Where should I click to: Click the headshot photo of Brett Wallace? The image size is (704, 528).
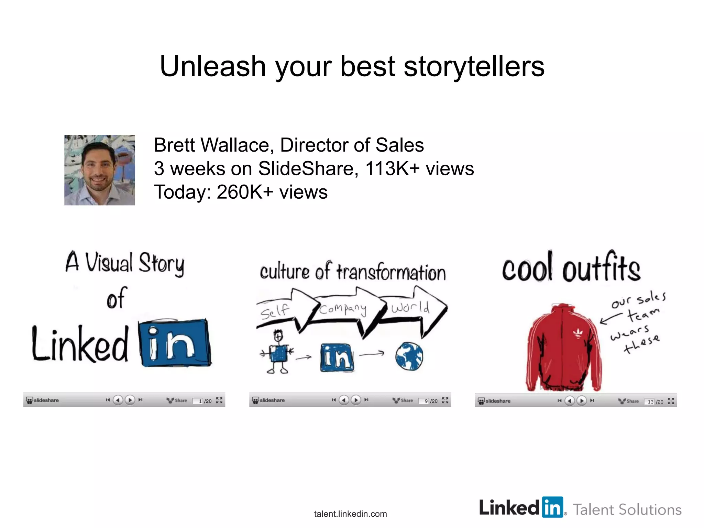click(99, 170)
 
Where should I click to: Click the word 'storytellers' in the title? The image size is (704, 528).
click(474, 66)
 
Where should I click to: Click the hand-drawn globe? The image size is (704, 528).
click(409, 356)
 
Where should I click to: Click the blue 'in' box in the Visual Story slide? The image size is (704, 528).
click(175, 343)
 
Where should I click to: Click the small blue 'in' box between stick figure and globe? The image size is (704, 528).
click(337, 357)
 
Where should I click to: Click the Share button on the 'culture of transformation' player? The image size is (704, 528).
click(403, 400)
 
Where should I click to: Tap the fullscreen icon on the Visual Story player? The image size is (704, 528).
click(219, 400)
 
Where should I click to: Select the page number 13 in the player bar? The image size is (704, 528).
click(650, 401)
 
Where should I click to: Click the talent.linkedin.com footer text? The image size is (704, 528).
click(350, 514)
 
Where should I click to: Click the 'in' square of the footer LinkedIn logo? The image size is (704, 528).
click(553, 507)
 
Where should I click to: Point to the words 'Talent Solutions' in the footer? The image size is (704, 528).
click(627, 509)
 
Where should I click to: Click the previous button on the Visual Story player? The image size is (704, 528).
click(118, 400)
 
